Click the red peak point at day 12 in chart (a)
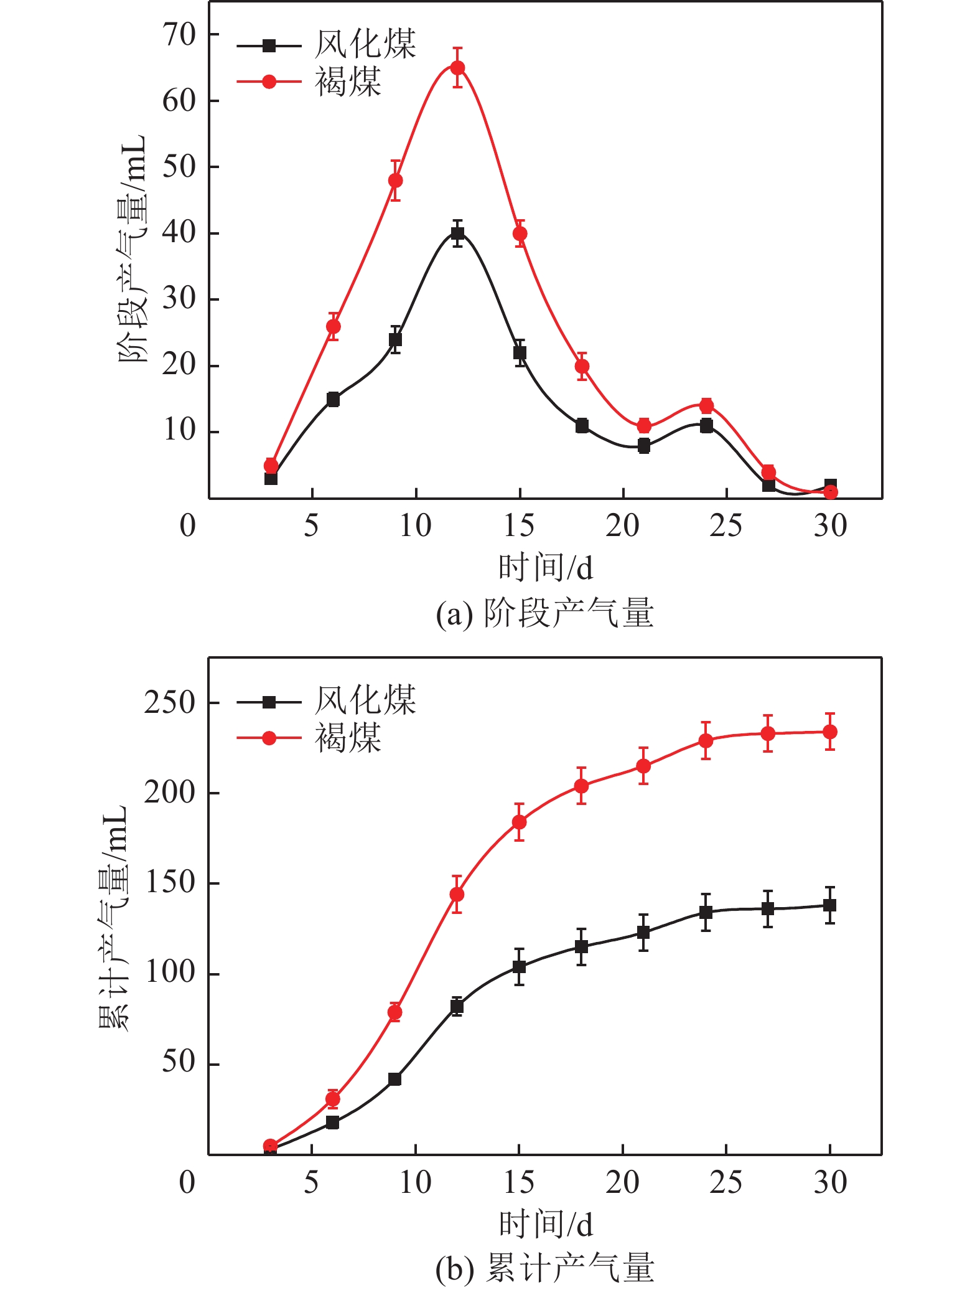(x=457, y=68)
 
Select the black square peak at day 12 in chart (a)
(x=457, y=234)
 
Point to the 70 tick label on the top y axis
(x=179, y=35)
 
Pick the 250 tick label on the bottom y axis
(x=170, y=702)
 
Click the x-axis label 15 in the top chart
(x=519, y=526)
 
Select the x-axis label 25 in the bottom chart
(x=726, y=1183)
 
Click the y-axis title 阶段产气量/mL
(x=132, y=249)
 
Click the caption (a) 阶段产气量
(x=544, y=613)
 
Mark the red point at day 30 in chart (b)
(x=829, y=732)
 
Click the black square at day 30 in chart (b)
(x=829, y=905)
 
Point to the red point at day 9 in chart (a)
(x=395, y=181)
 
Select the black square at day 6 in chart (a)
(x=333, y=399)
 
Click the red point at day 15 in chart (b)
(x=519, y=822)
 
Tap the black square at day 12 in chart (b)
(x=457, y=1006)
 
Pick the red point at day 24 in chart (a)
(x=706, y=406)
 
